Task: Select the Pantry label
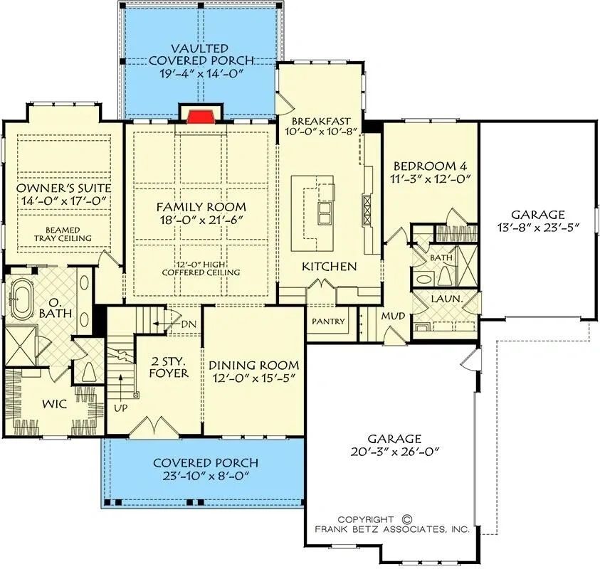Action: [x=328, y=321]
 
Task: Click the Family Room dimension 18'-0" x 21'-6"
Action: [x=201, y=220]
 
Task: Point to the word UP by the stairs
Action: [x=121, y=408]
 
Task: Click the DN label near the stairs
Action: [x=189, y=324]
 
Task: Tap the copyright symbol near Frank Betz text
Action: [x=407, y=519]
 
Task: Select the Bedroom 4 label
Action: [x=431, y=166]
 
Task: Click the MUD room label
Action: [x=393, y=317]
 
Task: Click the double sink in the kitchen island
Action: [x=324, y=213]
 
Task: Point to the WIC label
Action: [x=54, y=404]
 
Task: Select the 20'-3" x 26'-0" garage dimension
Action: [x=394, y=452]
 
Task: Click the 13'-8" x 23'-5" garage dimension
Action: [x=538, y=228]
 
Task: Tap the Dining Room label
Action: [x=253, y=365]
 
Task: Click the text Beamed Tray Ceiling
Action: [x=63, y=234]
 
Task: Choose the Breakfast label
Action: [x=321, y=121]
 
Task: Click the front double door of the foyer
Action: [x=154, y=425]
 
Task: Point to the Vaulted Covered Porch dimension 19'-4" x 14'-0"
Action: [x=201, y=73]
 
